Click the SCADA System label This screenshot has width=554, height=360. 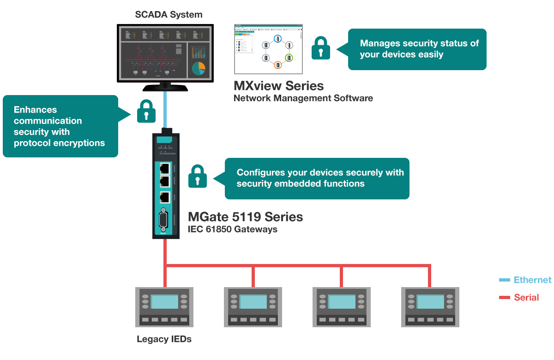click(x=169, y=15)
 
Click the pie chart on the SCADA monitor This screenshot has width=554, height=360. click(x=199, y=68)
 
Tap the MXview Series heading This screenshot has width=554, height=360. click(x=279, y=86)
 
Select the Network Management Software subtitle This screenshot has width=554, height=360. click(x=303, y=98)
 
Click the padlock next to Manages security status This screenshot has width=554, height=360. click(x=321, y=48)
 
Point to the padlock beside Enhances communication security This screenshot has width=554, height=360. click(x=146, y=111)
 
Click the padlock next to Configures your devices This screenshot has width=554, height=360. click(x=198, y=176)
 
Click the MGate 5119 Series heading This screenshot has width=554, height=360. click(x=245, y=217)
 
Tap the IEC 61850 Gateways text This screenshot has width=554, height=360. click(x=233, y=229)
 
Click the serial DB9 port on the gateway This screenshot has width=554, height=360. click(x=164, y=220)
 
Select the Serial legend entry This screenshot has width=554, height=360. click(x=526, y=298)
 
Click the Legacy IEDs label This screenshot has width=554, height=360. click(x=164, y=340)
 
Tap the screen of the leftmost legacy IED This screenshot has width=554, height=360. click(x=164, y=302)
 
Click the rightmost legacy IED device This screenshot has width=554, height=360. click(x=430, y=307)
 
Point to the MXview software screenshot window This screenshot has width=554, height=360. click(x=268, y=49)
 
